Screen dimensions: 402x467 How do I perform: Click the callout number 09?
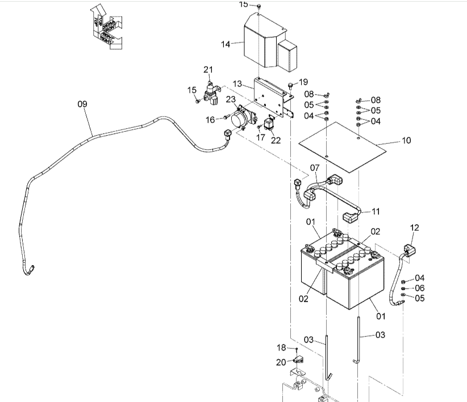[x=82, y=104]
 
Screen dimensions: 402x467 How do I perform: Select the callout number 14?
[x=226, y=44]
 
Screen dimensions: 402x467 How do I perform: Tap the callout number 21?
[x=209, y=70]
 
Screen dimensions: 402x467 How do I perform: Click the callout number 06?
[x=419, y=288]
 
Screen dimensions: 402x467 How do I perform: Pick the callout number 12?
[x=414, y=228]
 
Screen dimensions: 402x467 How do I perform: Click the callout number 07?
[x=315, y=167]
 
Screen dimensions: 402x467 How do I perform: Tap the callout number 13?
[x=237, y=83]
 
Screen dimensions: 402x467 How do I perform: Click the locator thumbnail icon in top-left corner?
[x=106, y=27]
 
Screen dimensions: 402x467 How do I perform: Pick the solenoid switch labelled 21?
[x=211, y=93]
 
